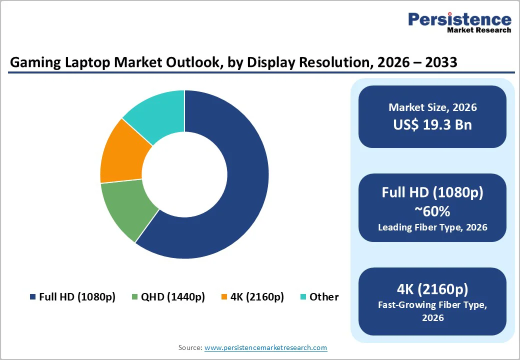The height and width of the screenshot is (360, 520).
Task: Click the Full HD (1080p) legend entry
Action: pos(72,296)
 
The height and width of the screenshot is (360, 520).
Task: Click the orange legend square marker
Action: pos(224,297)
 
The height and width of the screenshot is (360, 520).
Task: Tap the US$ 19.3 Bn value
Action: pos(432,124)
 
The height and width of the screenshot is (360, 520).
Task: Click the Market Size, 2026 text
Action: pos(432,107)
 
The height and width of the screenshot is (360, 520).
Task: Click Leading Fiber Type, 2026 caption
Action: pos(432,227)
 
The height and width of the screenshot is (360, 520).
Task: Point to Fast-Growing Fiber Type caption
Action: pos(432,305)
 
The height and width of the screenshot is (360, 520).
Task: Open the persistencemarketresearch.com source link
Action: pos(265,347)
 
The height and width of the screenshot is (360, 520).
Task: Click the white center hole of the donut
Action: pos(184,174)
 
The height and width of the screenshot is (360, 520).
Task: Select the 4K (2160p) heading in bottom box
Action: pos(432,288)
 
